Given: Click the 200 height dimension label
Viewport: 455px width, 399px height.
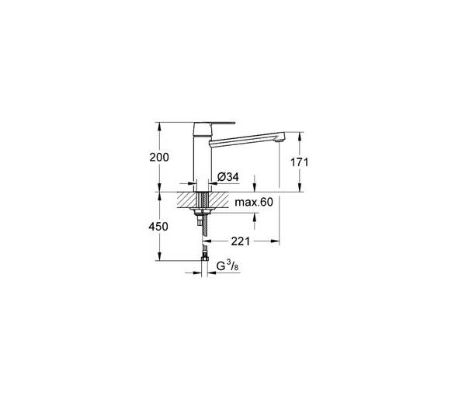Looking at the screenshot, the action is click(159, 158).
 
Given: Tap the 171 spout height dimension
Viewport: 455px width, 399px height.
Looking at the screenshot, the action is click(300, 162).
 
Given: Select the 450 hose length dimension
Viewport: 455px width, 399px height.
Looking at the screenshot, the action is click(158, 227).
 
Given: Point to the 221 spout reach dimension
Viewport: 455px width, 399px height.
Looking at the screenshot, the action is click(240, 241).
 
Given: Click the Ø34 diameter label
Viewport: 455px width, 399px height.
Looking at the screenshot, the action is click(228, 177).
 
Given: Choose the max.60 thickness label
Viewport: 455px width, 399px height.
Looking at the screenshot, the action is click(254, 202).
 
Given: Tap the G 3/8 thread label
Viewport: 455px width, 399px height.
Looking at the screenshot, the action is click(227, 265).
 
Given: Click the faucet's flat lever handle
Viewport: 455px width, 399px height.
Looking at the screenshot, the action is click(214, 125).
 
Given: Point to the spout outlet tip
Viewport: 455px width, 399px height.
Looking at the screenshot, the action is click(280, 140).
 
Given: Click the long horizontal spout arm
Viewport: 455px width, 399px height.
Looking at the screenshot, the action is click(247, 139).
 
